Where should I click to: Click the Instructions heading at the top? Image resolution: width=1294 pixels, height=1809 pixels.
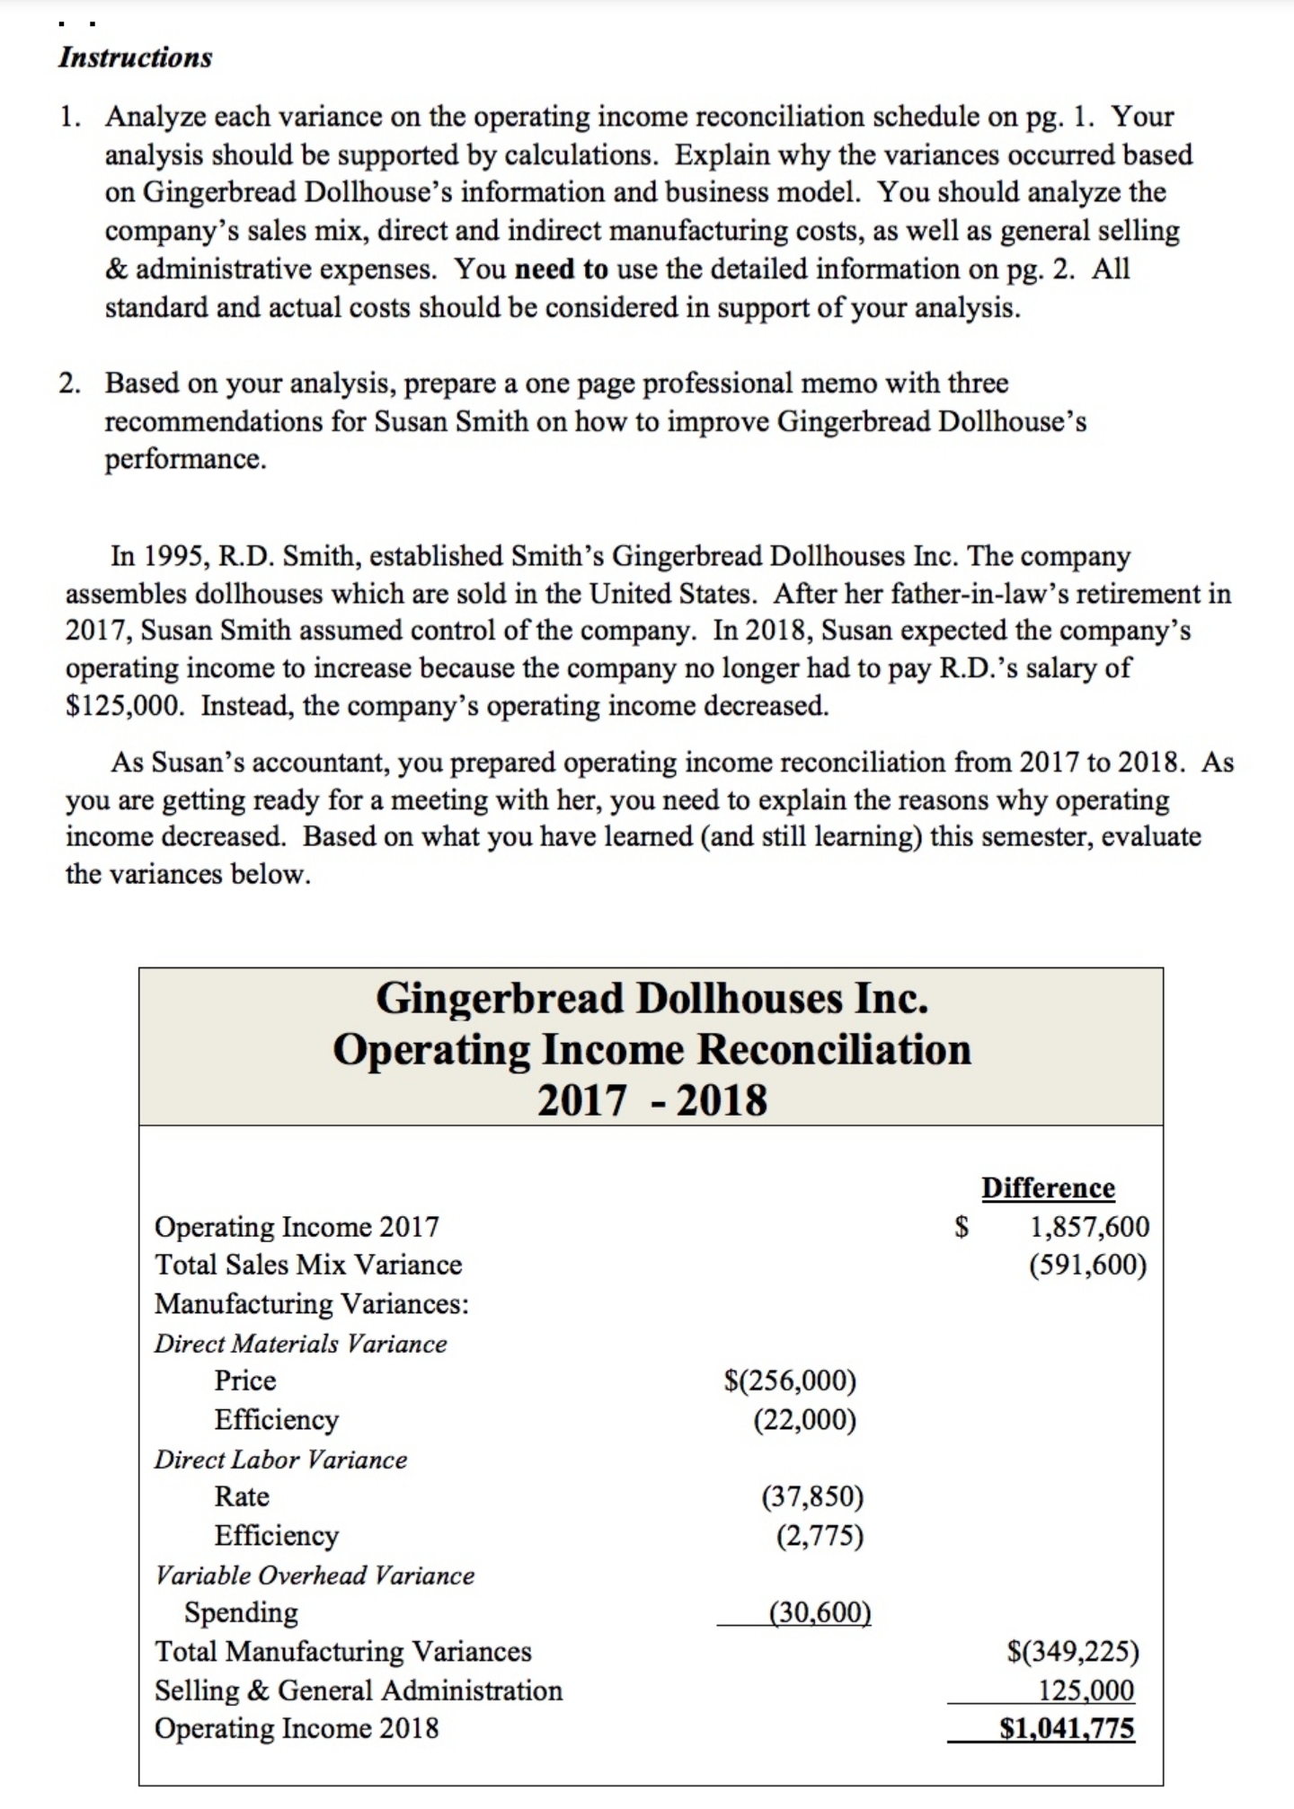136,57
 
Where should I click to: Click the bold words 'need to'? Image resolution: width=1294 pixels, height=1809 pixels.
563,269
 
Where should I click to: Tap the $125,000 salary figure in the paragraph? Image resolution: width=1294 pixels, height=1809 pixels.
126,706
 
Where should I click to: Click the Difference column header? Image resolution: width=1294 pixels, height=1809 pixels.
1048,1187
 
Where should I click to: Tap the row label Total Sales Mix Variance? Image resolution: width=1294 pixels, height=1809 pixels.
308,1265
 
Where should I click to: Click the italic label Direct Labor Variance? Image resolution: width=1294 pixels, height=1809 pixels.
280,1460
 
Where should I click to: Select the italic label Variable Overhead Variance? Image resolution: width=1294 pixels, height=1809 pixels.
315,1575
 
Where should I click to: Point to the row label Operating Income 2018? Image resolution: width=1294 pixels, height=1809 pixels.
297,1728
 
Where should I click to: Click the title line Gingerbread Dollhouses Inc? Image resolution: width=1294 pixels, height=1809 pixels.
651,998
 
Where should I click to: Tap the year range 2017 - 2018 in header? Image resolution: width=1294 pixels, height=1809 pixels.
651,1099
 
